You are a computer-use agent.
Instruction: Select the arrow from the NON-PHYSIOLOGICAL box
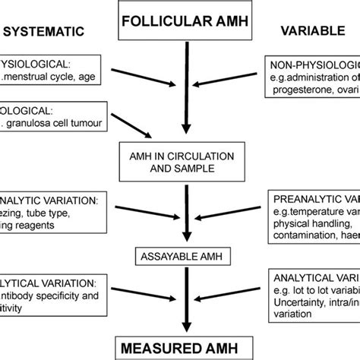(x=235, y=81)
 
